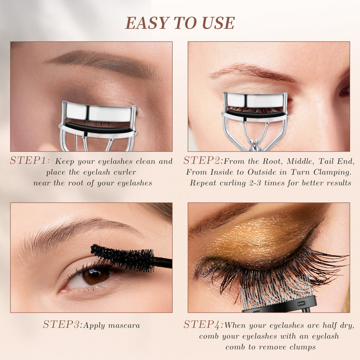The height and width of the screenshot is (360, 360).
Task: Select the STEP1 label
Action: (x=30, y=160)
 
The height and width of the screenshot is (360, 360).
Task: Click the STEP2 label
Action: (x=203, y=160)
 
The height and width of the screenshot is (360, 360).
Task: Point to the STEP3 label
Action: (x=63, y=324)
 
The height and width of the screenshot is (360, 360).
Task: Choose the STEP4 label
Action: (x=203, y=324)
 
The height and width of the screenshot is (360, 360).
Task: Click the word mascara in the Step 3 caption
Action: (x=124, y=326)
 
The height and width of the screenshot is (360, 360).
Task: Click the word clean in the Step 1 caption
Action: (x=146, y=161)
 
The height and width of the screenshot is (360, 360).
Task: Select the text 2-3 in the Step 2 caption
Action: (x=255, y=183)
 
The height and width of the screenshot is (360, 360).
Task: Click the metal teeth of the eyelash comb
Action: (x=276, y=293)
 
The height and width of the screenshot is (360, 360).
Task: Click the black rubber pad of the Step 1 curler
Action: (x=98, y=128)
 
